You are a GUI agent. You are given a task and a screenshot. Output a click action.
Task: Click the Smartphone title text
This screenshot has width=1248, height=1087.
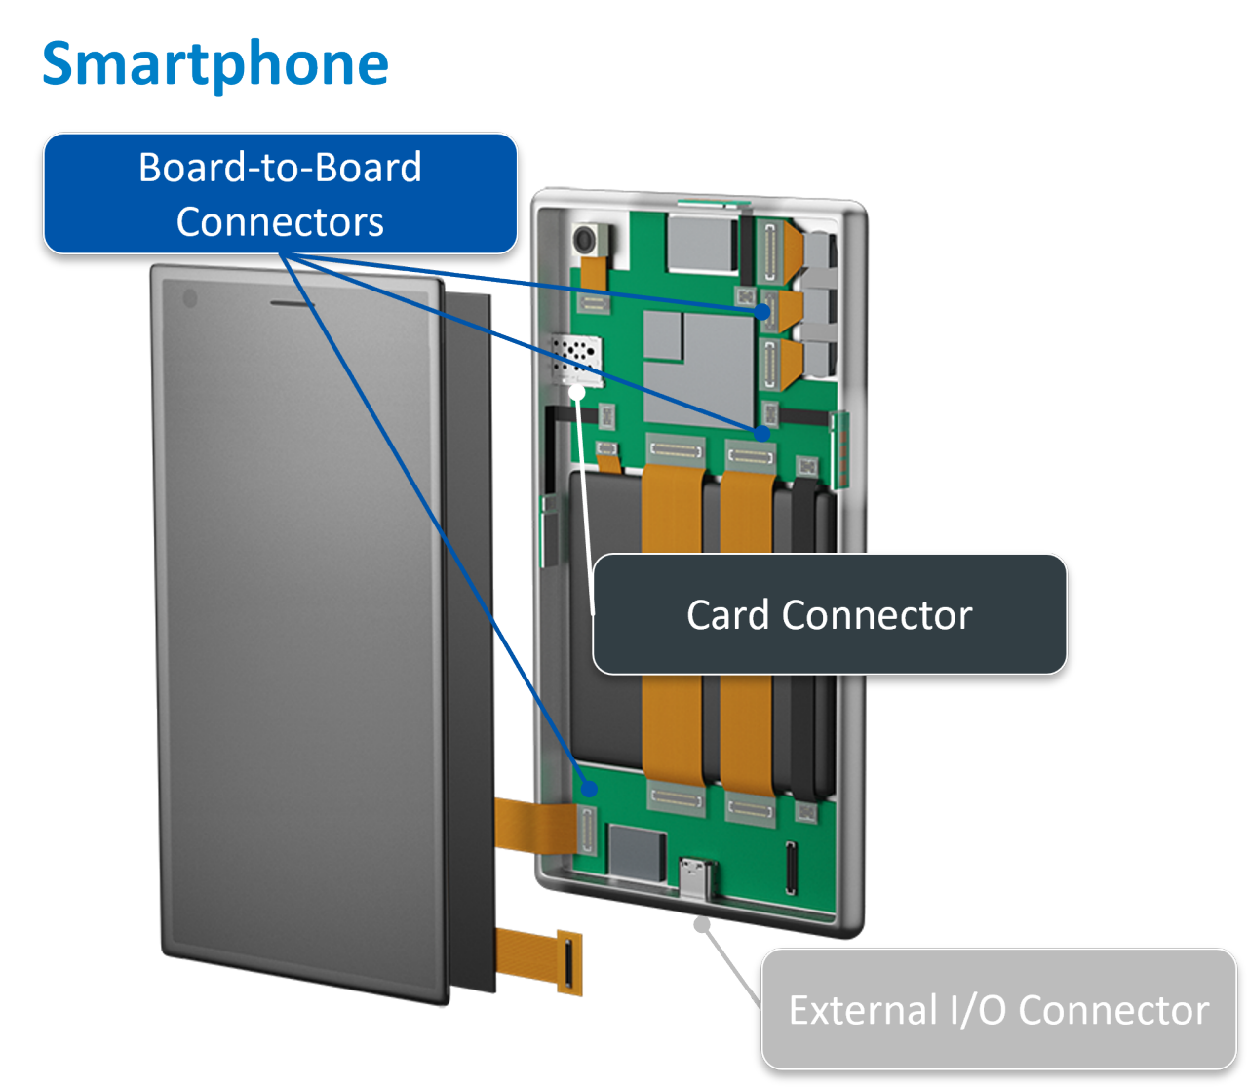tap(215, 64)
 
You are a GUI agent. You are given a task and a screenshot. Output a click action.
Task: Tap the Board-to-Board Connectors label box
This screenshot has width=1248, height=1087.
tap(280, 194)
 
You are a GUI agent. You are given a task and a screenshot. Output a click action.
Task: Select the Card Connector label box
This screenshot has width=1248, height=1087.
tap(830, 615)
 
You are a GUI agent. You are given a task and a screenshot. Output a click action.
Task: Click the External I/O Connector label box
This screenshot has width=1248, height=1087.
tap(998, 1010)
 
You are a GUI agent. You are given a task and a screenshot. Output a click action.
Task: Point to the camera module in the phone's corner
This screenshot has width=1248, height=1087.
tap(589, 240)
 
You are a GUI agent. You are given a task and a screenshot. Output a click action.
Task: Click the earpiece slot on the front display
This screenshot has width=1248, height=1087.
tap(292, 303)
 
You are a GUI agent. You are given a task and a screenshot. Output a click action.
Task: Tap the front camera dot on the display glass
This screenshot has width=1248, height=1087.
tap(190, 298)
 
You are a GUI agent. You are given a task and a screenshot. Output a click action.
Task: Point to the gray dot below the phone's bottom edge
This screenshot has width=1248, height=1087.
tap(702, 923)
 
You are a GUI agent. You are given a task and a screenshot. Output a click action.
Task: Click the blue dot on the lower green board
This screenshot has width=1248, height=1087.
tap(588, 788)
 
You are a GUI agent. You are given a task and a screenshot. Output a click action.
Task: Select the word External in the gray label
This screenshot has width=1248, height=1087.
tap(859, 1010)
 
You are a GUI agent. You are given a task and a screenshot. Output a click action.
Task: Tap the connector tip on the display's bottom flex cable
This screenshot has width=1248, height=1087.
tap(567, 962)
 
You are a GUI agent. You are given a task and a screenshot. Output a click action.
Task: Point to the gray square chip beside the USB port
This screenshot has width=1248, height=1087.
tap(635, 851)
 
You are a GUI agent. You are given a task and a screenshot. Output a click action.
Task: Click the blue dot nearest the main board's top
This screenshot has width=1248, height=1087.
tap(763, 311)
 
